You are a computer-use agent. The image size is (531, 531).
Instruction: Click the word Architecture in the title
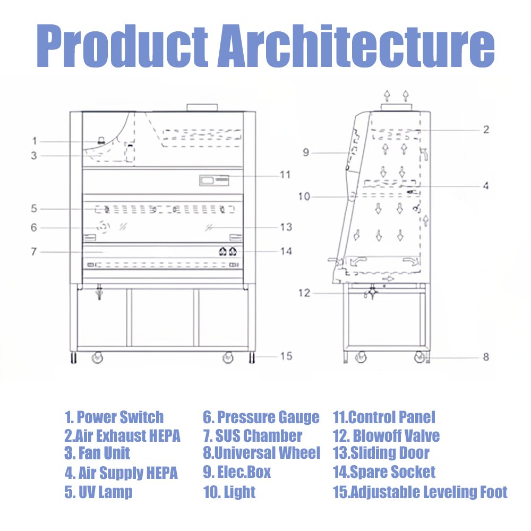point(356,45)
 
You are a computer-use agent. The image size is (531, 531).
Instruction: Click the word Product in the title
point(122,45)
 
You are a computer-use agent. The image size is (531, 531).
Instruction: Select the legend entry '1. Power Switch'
point(114,417)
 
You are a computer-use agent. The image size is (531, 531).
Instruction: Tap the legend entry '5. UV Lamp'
point(98,492)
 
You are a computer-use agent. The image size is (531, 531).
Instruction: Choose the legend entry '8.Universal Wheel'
point(261,453)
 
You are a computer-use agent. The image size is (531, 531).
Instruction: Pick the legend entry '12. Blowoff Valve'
point(387,435)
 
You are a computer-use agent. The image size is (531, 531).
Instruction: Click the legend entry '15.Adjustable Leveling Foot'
point(420,492)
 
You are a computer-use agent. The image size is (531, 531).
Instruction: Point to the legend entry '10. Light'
point(229,492)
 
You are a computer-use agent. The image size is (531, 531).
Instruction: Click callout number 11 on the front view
point(285,175)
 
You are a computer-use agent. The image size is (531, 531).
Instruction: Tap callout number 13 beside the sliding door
point(286,227)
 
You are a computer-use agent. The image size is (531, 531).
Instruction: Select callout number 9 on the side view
point(306,152)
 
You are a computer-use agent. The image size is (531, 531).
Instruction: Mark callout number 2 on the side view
point(486,130)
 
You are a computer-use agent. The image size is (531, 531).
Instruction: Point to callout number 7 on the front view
point(33,252)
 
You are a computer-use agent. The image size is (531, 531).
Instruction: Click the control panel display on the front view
point(214,180)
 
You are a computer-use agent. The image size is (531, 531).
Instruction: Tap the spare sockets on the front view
point(228,251)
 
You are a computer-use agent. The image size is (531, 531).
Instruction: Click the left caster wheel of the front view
point(97,357)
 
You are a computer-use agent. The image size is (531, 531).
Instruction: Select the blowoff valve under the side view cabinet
point(371,293)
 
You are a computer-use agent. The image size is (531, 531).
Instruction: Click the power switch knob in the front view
point(100,140)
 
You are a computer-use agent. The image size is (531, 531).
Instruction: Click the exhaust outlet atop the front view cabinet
point(202,107)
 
